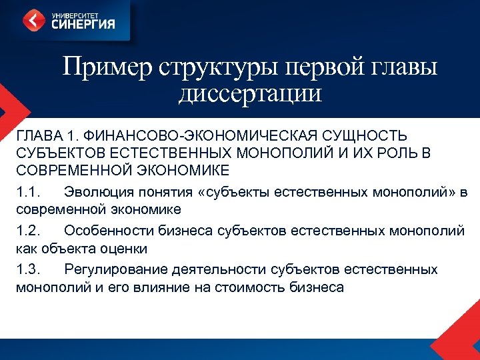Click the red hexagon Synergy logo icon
tap(34, 20)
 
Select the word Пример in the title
tap(107, 67)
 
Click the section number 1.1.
tap(28, 193)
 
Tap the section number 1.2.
tap(28, 231)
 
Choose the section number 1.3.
tap(28, 270)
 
